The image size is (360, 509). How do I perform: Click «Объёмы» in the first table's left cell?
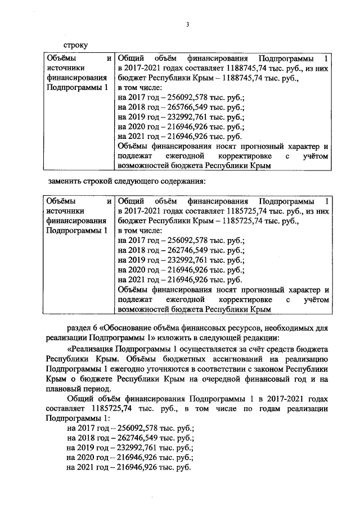[x=61, y=58]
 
